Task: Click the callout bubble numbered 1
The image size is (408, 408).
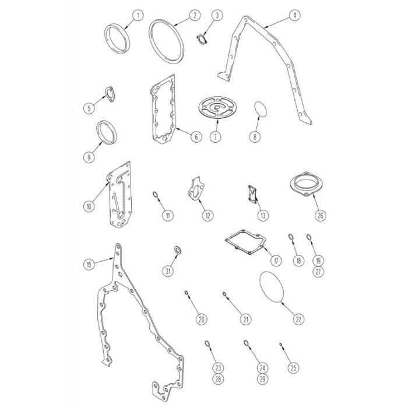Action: (x=138, y=15)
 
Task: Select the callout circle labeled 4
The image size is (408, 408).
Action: (x=294, y=15)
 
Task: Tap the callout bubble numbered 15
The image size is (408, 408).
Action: (x=89, y=265)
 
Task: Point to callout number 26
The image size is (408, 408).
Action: (x=321, y=215)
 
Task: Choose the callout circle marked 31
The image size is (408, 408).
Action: (x=168, y=271)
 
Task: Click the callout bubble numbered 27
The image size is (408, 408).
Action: (x=318, y=272)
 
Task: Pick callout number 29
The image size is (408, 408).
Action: (x=262, y=379)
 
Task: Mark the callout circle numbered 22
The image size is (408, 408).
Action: (x=298, y=319)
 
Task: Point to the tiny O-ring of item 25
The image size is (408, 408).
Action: (x=280, y=344)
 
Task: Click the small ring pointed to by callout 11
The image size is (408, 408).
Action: (x=155, y=194)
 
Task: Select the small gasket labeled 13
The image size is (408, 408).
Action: (x=252, y=194)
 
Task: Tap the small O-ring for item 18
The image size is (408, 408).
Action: (x=291, y=237)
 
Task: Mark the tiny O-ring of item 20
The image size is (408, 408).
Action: (x=187, y=293)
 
